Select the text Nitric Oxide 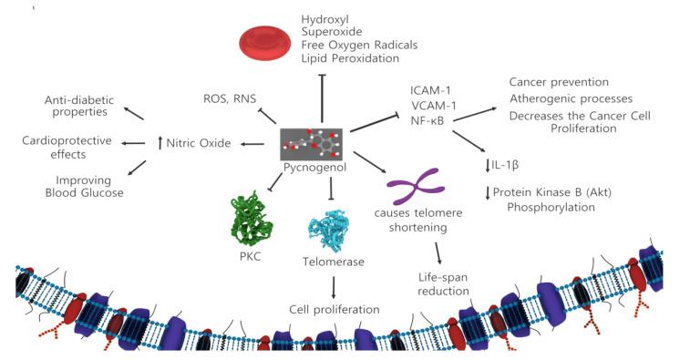click(x=198, y=143)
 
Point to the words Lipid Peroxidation click(x=350, y=58)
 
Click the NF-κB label click(x=427, y=120)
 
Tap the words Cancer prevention click(x=559, y=82)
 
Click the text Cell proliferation click(x=334, y=309)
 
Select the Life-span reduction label click(x=441, y=283)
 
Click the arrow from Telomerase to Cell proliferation click(x=333, y=286)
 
